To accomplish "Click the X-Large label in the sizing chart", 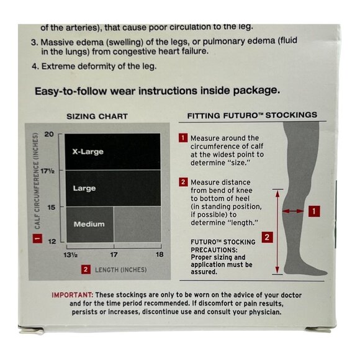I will [x=87, y=151].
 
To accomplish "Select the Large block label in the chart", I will [x=84, y=187].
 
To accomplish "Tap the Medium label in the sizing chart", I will [x=89, y=224].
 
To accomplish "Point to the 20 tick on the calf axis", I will [x=50, y=134].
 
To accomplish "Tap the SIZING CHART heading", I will [x=97, y=116].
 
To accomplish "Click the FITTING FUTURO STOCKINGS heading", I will [x=252, y=115].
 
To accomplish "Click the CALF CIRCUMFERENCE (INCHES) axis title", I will [x=37, y=186].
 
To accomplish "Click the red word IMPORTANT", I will [x=73, y=294].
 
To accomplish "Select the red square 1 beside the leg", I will [x=315, y=211].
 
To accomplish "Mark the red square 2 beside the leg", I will [x=266, y=236].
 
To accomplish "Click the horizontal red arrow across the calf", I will [x=292, y=211].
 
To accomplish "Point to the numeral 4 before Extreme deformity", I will [x=34, y=66].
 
